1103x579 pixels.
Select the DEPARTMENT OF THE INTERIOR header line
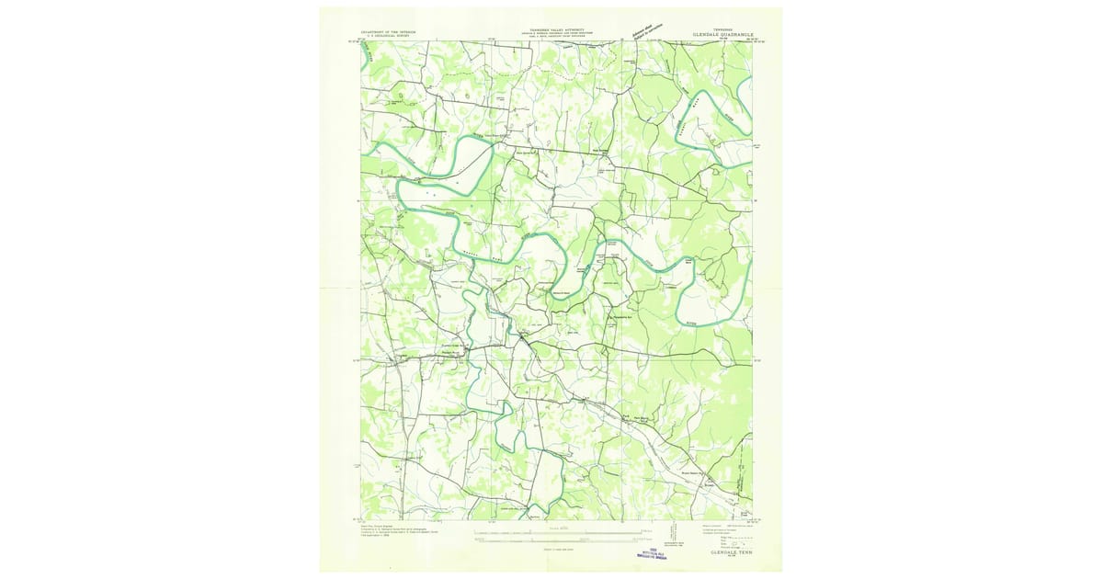click(388, 31)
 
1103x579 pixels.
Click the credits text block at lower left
click(395, 532)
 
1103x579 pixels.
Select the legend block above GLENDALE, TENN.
click(725, 534)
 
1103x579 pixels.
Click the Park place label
click(626, 417)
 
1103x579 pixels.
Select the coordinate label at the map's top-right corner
click(752, 40)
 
